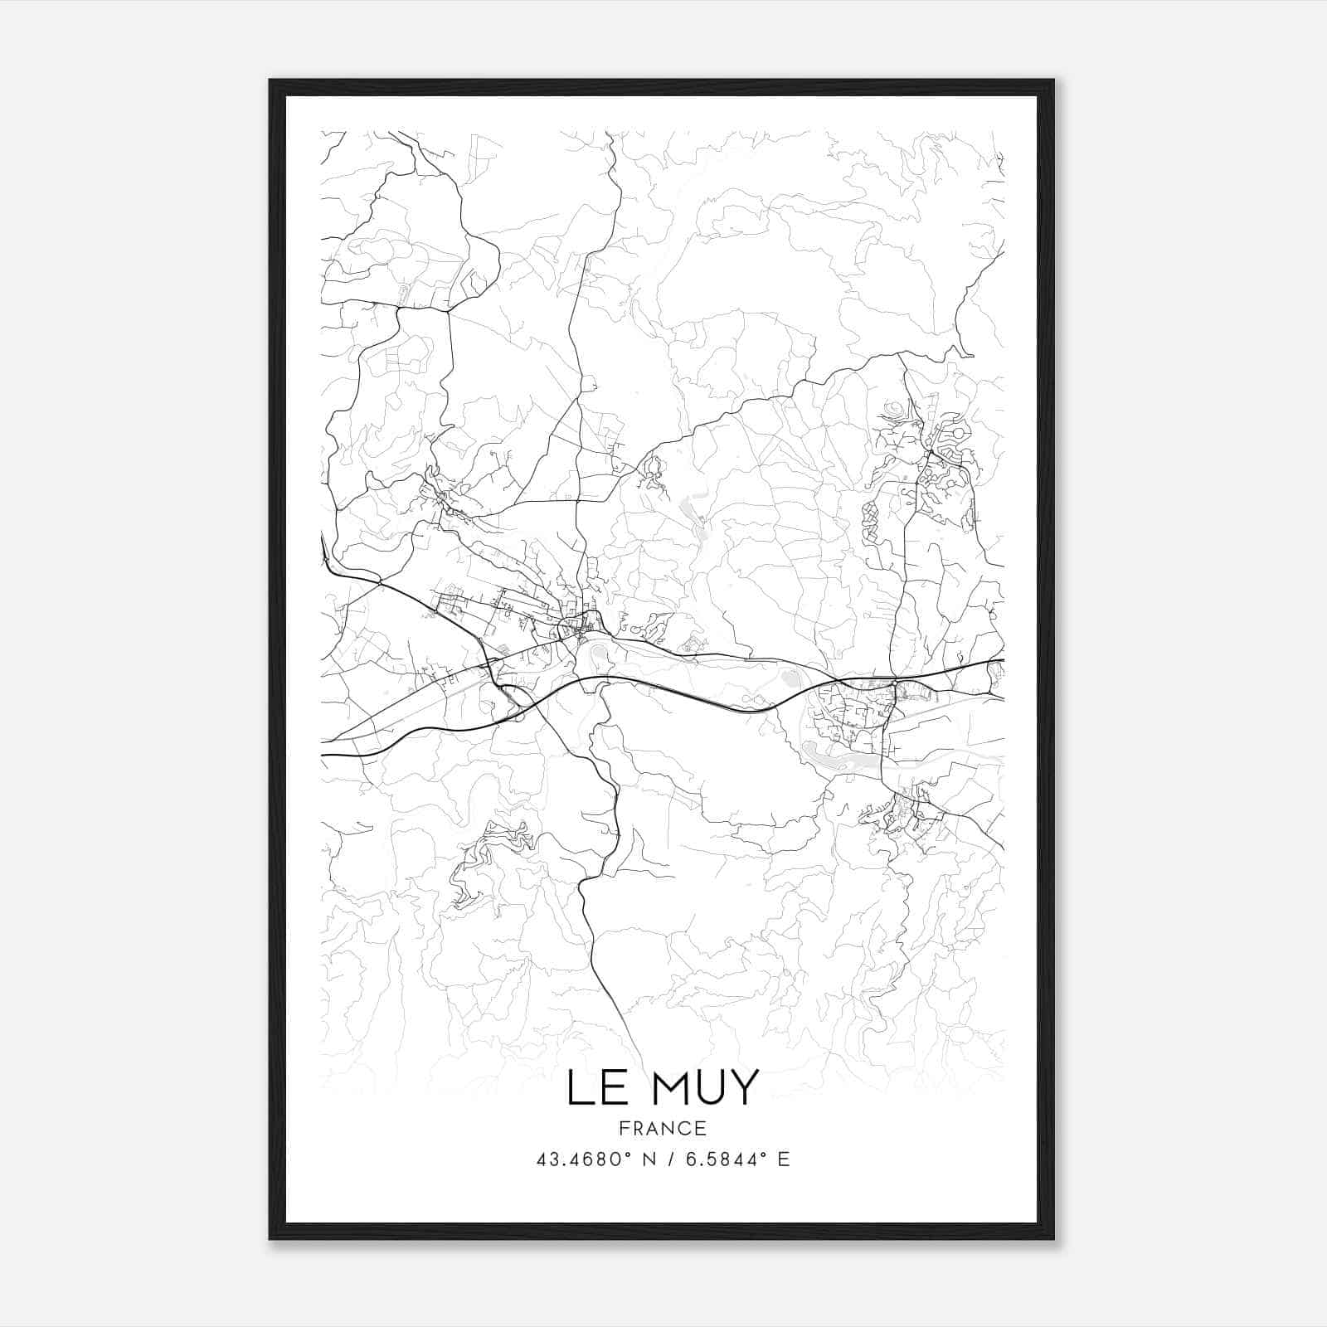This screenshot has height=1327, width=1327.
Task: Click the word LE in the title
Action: click(594, 1087)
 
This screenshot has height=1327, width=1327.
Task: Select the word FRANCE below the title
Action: click(663, 1128)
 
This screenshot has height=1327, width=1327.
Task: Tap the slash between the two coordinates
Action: click(669, 1159)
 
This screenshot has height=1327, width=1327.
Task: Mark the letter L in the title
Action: click(579, 1087)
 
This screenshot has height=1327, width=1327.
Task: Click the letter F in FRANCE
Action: click(624, 1128)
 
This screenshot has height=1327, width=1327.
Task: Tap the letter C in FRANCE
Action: click(685, 1128)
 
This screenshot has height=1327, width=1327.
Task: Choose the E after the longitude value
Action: click(784, 1159)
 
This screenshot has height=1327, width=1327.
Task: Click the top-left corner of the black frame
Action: click(270, 80)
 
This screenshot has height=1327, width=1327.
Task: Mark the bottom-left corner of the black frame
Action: click(270, 1238)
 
